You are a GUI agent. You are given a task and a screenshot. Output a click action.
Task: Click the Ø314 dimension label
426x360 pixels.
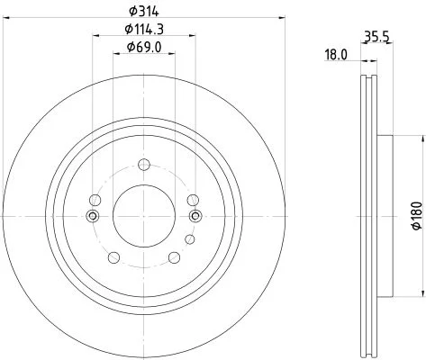pyautogui.click(x=143, y=12)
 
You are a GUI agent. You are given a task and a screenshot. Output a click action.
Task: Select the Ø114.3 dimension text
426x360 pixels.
pyautogui.click(x=144, y=30)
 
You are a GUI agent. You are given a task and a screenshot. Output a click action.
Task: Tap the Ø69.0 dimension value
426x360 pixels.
pyautogui.click(x=144, y=47)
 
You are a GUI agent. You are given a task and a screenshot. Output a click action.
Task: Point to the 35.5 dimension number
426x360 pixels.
pyautogui.click(x=376, y=37)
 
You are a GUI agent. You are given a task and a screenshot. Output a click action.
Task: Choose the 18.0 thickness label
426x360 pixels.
pyautogui.click(x=336, y=55)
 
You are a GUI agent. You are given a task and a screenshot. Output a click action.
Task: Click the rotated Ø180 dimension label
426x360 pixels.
pyautogui.click(x=417, y=216)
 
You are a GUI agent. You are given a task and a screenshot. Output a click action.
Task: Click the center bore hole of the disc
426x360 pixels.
pyautogui.click(x=144, y=216)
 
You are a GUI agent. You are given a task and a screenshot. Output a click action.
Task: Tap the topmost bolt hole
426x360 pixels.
pyautogui.click(x=144, y=165)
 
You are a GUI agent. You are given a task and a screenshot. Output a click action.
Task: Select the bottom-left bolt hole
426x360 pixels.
pyautogui.click(x=113, y=257)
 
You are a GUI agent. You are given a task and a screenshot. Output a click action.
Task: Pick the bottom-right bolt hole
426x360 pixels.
pyautogui.click(x=175, y=257)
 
